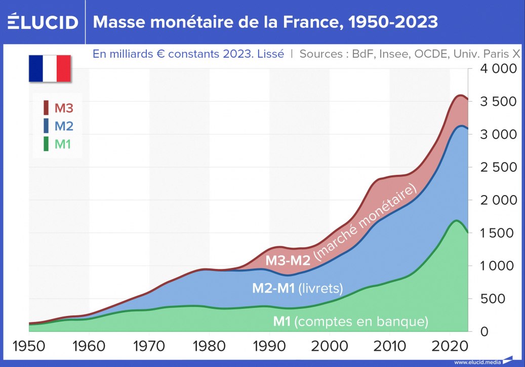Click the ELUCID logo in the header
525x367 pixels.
(x=43, y=22)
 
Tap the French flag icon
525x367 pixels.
(x=49, y=69)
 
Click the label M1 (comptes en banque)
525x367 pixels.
(x=351, y=321)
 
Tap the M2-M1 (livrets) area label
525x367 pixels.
(x=298, y=289)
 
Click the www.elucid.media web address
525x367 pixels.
(x=477, y=362)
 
